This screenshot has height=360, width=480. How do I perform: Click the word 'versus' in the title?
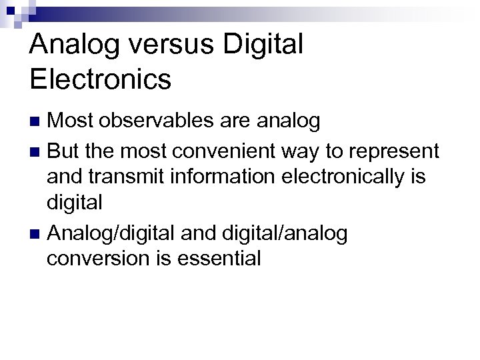point(168,45)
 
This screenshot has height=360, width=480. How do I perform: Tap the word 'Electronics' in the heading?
point(101,79)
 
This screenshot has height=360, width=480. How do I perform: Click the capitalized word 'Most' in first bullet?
point(71,121)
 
